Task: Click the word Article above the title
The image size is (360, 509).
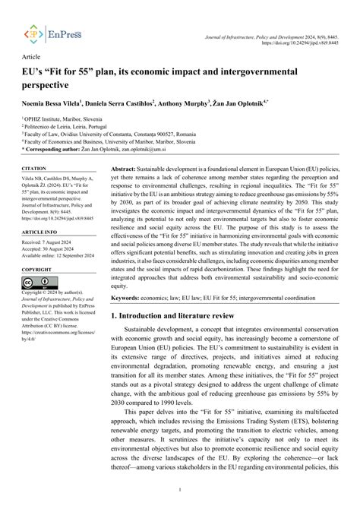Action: pos(32,57)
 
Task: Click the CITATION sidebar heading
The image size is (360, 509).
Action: pos(34,167)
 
